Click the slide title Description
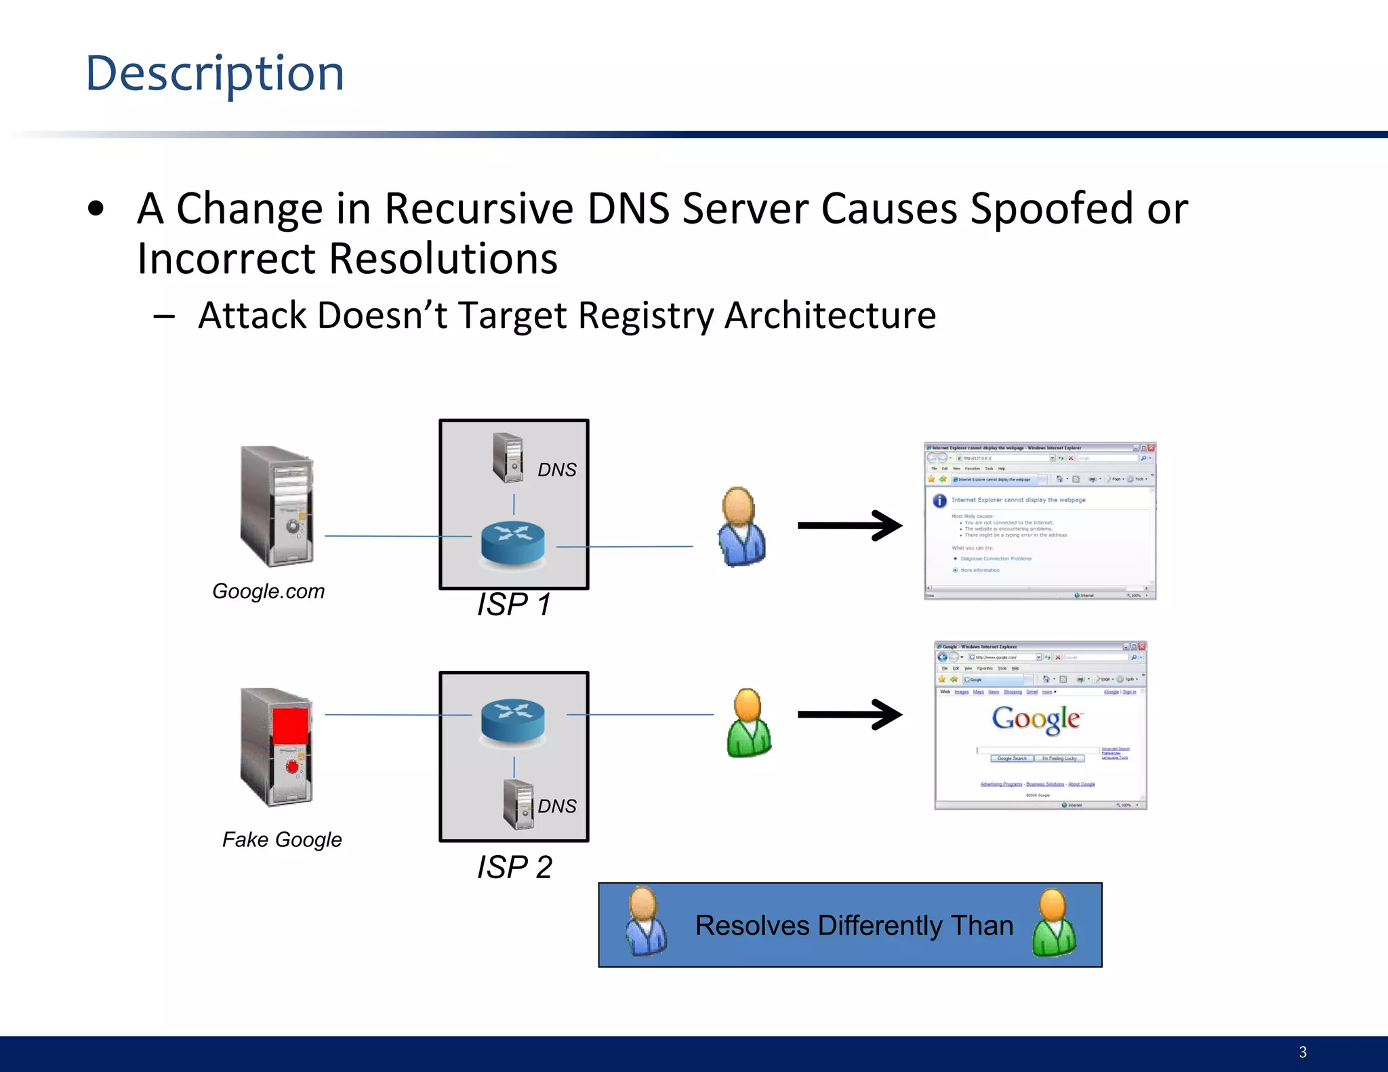coord(215,73)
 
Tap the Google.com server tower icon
coord(278,506)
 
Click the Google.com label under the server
coord(268,591)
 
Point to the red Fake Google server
coord(278,747)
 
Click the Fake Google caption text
coord(282,840)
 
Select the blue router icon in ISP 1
coord(513,543)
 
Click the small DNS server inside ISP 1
coord(508,457)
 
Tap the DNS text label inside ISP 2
coord(557,806)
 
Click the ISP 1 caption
coord(514,604)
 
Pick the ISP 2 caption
coord(514,867)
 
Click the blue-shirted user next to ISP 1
coord(742,527)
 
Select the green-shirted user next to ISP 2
coord(748,723)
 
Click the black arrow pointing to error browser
coord(850,525)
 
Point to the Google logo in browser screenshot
coord(1036,718)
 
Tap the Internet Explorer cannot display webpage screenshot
coord(1040,521)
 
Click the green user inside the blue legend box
coord(1054,923)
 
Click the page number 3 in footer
coord(1303,1052)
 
